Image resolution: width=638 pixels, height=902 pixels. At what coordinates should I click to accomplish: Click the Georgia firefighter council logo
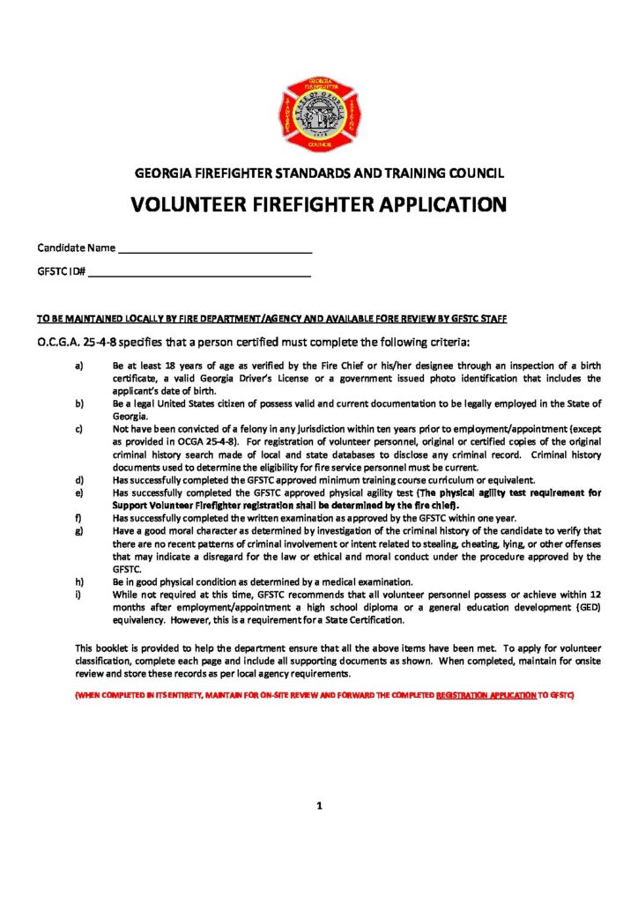point(318,115)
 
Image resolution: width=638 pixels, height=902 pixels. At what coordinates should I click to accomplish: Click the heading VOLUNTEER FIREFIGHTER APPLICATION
point(318,205)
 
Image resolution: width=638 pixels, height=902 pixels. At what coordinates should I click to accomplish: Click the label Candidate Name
point(76,248)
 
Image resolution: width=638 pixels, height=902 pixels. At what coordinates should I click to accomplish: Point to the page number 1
point(319,805)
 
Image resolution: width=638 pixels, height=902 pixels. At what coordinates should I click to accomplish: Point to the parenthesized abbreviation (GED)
point(583,608)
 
